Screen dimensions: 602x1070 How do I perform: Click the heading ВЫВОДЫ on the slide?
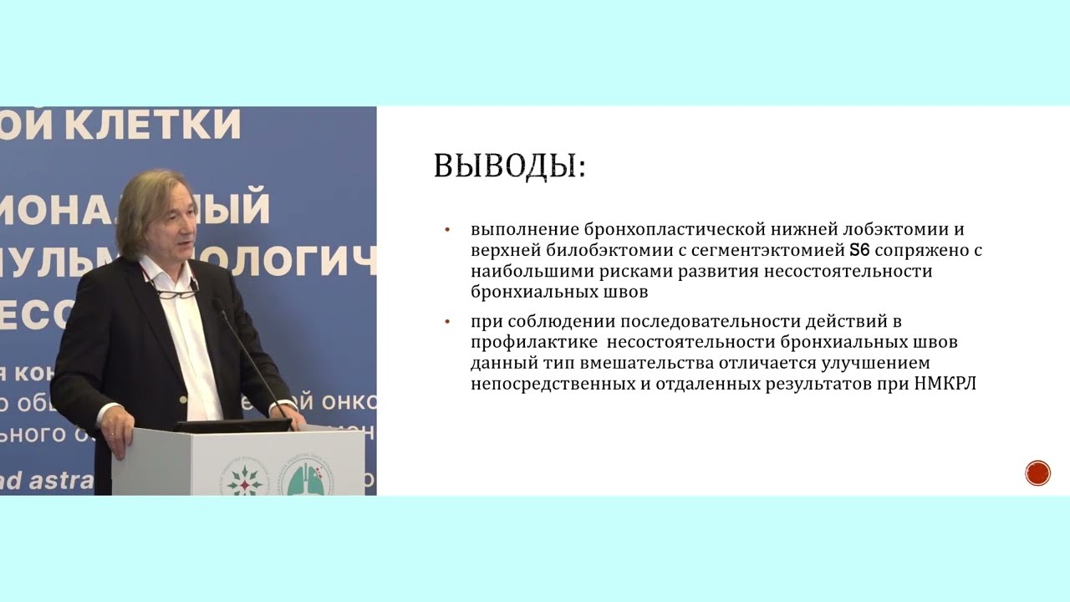(509, 166)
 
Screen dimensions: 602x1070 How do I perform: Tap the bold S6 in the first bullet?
(860, 250)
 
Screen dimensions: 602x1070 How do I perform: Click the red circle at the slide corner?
(1037, 473)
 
